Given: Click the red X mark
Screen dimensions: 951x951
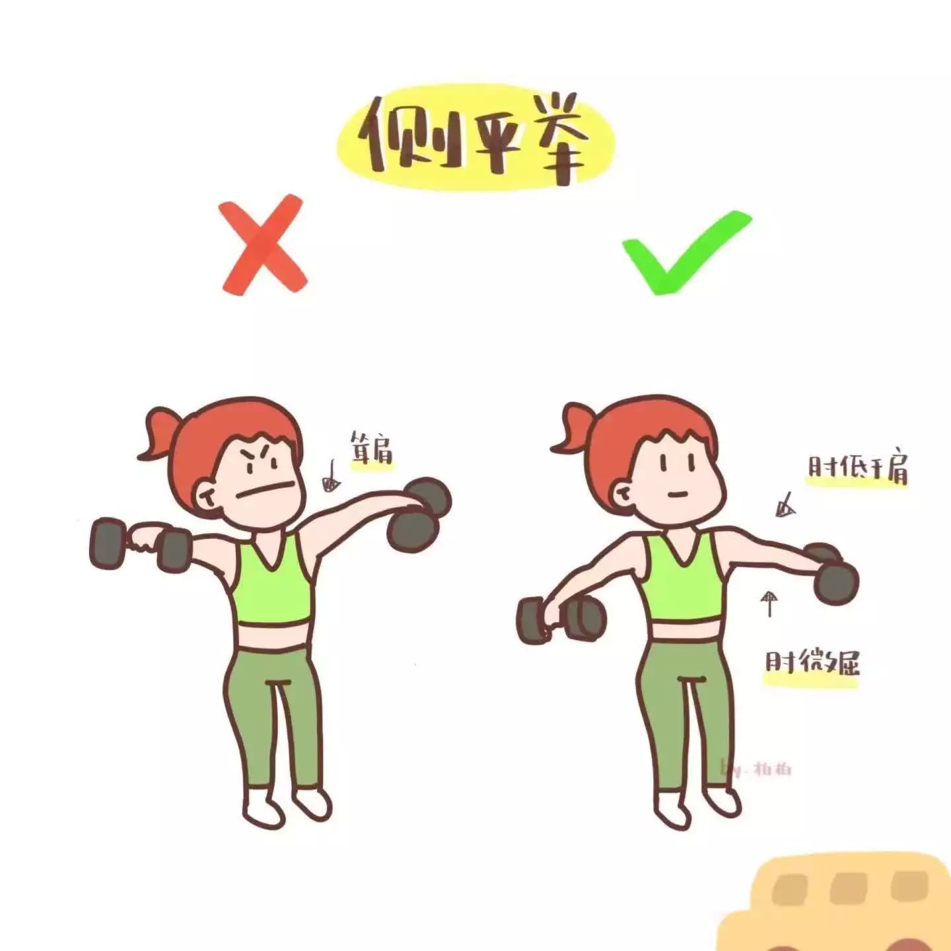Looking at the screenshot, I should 264,246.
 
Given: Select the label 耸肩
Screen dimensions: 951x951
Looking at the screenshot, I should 371,448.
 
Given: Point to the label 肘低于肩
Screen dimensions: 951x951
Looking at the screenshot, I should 857,468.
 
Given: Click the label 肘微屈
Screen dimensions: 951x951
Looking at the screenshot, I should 812,661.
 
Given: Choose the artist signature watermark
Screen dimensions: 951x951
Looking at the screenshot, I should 756,769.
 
